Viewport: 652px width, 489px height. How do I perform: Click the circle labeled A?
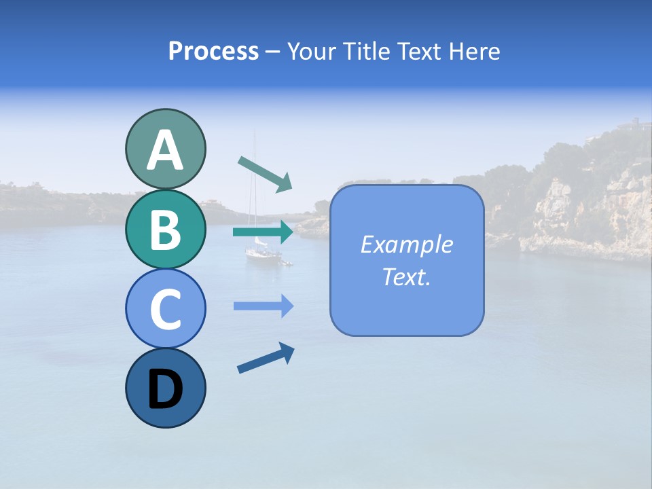(165, 149)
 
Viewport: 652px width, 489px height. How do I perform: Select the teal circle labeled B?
(165, 229)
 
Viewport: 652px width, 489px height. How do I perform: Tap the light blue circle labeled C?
(165, 308)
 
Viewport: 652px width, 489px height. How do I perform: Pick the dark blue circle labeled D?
(165, 388)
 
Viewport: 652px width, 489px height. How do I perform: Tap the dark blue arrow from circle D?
(266, 359)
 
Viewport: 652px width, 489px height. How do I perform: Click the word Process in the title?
(213, 51)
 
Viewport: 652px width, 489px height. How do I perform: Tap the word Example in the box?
(406, 244)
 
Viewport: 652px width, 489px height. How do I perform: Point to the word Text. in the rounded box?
(406, 276)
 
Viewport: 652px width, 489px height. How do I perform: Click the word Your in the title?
(311, 51)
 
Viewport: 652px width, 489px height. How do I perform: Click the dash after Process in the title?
(273, 52)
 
